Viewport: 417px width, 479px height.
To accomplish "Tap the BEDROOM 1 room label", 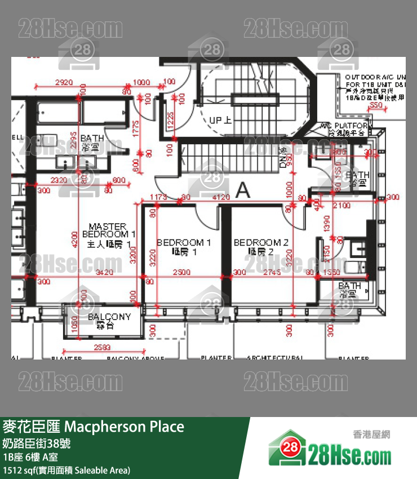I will tap(184, 247).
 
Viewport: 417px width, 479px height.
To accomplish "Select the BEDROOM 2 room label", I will tap(261, 247).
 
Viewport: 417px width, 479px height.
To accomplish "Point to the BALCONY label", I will tap(109, 321).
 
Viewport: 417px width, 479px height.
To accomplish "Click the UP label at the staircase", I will tap(220, 120).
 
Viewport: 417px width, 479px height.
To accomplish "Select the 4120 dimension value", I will tap(220, 197).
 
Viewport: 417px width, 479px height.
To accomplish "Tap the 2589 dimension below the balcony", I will tap(102, 347).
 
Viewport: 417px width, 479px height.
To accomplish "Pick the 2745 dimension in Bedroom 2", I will tap(272, 273).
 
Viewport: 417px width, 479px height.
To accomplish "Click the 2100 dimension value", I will tap(342, 206).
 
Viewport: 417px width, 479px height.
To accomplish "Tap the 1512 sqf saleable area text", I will tap(66, 469).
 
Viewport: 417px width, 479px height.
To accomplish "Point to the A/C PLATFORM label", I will tap(344, 128).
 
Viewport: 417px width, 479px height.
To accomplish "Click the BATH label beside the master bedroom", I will tap(92, 141).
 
